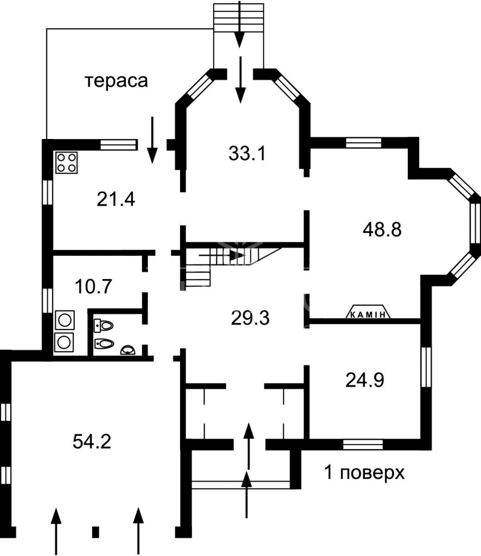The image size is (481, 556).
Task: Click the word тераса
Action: pos(117,81)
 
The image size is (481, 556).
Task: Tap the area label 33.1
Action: pos(247,153)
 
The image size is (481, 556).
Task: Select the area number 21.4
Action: pos(116,199)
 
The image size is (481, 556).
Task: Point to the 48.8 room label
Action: pos(382,230)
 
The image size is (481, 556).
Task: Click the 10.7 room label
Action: pos(93,286)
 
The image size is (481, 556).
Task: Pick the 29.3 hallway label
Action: pos(250,318)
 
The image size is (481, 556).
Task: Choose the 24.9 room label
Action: pos(365,380)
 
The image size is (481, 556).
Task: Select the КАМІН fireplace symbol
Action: pos(368,312)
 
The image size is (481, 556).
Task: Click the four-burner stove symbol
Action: pos(66,163)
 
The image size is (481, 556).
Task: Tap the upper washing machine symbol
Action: pos(65,320)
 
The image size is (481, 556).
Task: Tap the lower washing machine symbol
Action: pos(64,342)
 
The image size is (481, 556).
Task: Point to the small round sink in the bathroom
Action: pos(128,350)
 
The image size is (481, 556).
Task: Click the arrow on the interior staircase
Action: pos(222,255)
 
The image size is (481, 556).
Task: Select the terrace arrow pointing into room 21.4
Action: pos(152,140)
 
